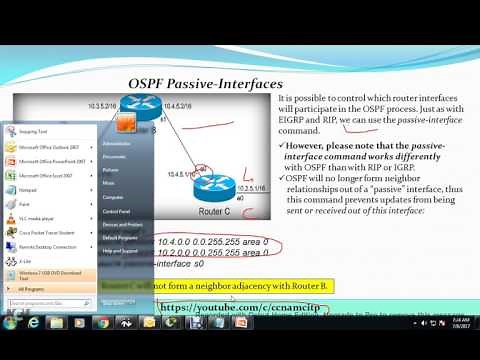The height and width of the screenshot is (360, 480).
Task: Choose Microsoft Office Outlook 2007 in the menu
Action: tap(54, 146)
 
